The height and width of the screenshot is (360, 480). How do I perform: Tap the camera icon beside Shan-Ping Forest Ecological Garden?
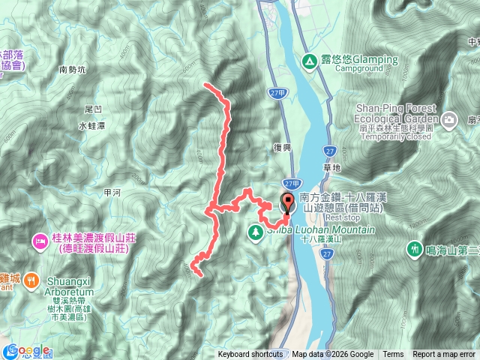pos(448,119)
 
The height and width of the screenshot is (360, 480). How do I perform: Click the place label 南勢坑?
pos(72,70)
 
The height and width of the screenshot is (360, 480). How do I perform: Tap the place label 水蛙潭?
pos(90,127)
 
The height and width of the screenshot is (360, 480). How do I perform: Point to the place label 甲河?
pos(112,192)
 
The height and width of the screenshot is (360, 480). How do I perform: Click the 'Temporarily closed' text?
pos(393,136)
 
